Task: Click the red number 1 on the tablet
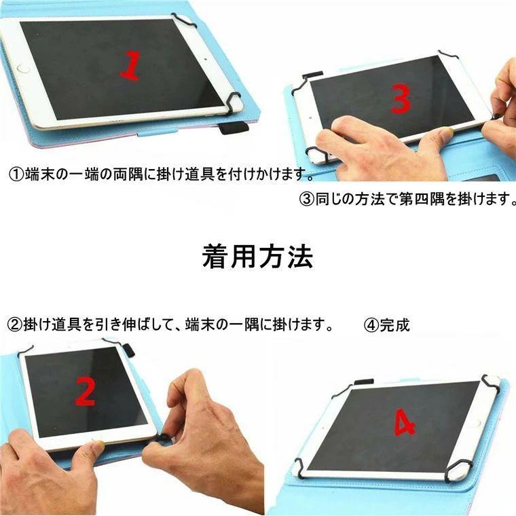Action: [x=131, y=65]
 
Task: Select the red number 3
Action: [x=401, y=100]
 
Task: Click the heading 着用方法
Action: [x=257, y=257]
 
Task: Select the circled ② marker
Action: [x=14, y=325]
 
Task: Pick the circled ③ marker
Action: [x=306, y=199]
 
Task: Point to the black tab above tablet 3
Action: [x=312, y=75]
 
